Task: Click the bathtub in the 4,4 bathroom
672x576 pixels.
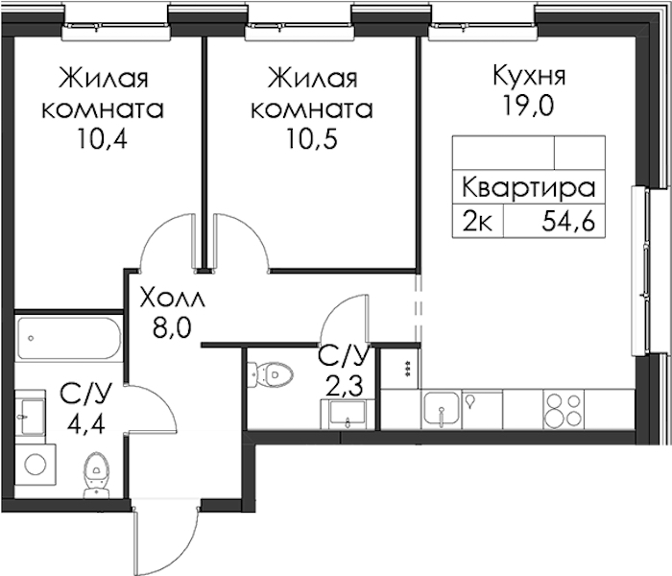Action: tap(70, 338)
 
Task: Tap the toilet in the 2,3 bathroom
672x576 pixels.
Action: tap(271, 374)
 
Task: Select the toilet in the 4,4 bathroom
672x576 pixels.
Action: tap(96, 474)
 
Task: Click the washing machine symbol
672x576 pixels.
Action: tap(36, 465)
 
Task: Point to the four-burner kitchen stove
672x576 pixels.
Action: tap(564, 409)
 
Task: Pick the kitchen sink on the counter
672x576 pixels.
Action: tap(442, 410)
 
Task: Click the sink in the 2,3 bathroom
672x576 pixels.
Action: tap(348, 414)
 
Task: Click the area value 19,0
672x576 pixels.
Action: tap(528, 106)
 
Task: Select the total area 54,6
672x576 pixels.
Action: tap(568, 222)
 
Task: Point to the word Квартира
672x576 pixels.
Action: tap(528, 188)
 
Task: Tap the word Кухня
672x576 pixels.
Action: tap(529, 76)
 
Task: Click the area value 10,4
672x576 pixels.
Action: tap(103, 139)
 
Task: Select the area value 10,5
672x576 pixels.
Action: tap(312, 139)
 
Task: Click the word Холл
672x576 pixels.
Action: tap(172, 299)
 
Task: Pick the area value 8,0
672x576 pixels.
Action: tap(171, 328)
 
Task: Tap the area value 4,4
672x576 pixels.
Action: tap(86, 424)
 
